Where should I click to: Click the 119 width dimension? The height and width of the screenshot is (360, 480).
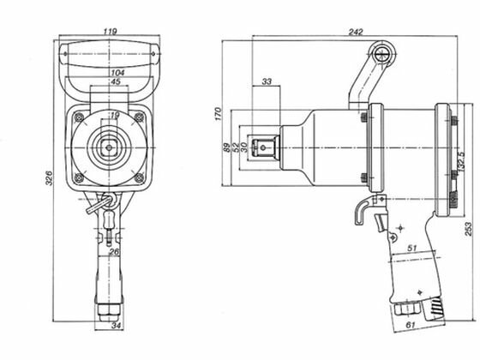pos(110,31)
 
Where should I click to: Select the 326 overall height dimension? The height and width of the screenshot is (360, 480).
pos(49,178)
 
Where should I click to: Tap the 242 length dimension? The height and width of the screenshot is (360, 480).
pos(356,32)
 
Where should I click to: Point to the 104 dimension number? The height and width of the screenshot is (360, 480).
pos(117,73)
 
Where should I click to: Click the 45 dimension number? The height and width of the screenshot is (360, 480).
pos(116,81)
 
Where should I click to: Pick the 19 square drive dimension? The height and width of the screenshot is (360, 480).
pos(115,116)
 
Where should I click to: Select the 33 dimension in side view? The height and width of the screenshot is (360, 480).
pos(267,81)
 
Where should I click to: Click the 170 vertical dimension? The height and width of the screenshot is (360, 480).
pos(218,114)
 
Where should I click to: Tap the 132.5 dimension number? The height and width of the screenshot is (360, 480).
pos(461,161)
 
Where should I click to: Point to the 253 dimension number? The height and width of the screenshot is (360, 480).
pos(469,229)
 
